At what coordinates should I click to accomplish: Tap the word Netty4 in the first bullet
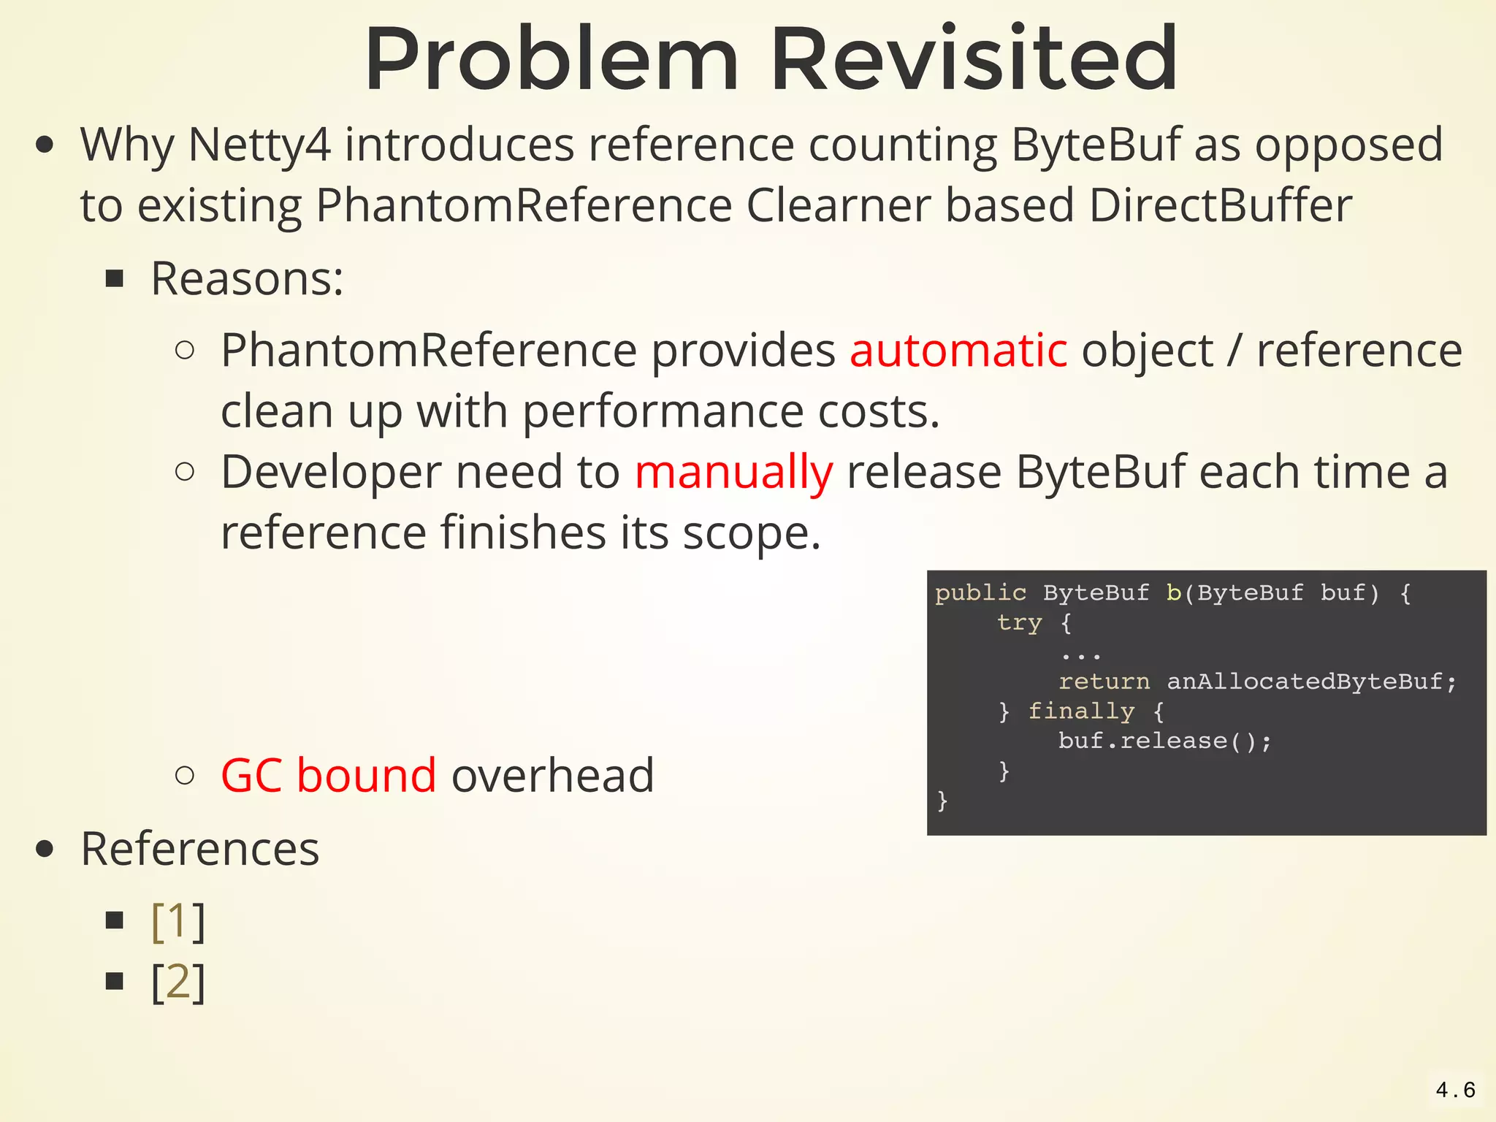coord(259,145)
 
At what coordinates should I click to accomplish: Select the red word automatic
coord(958,351)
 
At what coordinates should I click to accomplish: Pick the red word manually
coord(733,473)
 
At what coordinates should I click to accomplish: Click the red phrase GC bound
coord(329,775)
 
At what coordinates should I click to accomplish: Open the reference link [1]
coord(178,921)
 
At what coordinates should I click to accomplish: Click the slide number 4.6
coord(1455,1091)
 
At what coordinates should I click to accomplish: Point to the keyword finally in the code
coord(1081,711)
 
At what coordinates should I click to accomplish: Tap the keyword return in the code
coord(1104,682)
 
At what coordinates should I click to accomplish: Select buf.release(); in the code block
coord(1164,741)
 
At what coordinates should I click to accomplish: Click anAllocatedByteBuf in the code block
coord(1305,682)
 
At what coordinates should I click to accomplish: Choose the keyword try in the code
coord(1019,622)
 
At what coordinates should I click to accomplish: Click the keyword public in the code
coord(980,592)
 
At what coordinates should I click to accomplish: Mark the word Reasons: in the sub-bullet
coord(247,279)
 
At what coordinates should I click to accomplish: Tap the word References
coord(200,849)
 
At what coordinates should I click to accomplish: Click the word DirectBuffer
coord(1220,206)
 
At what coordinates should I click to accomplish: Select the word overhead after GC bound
coord(553,775)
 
